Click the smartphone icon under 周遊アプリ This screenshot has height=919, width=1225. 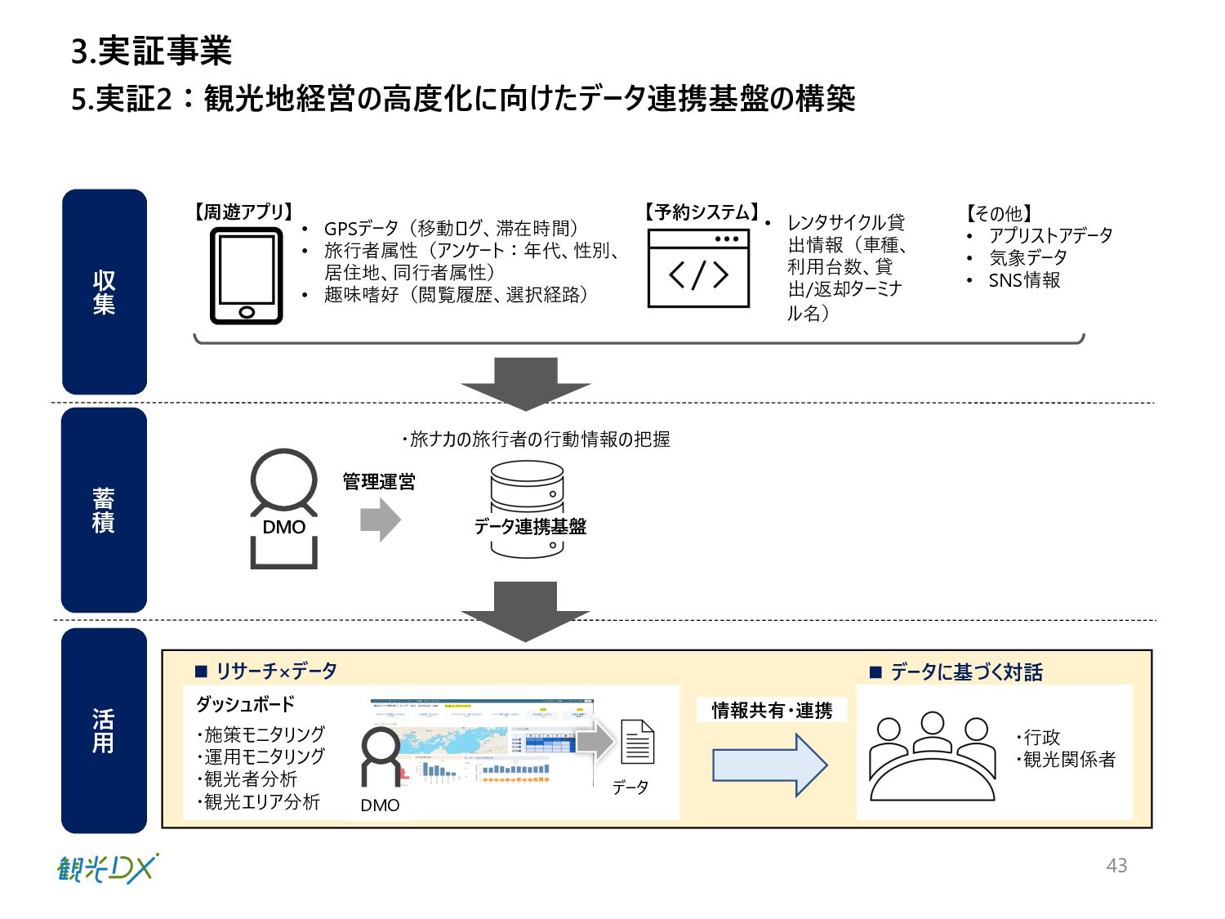point(247,276)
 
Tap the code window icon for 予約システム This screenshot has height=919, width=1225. point(698,268)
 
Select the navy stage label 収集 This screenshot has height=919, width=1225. point(104,292)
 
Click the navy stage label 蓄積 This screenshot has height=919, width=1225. point(104,510)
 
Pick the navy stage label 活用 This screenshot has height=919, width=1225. point(104,730)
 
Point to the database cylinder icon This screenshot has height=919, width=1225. point(528,510)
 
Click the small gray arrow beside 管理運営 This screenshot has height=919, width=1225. point(381,520)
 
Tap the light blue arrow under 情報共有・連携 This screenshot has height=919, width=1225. point(769,765)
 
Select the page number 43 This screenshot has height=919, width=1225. point(1116,865)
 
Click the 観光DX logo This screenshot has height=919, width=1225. point(108,868)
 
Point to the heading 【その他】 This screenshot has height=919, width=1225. point(998,214)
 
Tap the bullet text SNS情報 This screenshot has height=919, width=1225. point(1024,280)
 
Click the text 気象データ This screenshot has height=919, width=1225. point(1027,258)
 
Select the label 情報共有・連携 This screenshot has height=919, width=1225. point(772,711)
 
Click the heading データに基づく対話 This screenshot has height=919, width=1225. point(966,672)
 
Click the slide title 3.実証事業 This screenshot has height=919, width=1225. point(152,51)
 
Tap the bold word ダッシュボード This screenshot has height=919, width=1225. point(245,704)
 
